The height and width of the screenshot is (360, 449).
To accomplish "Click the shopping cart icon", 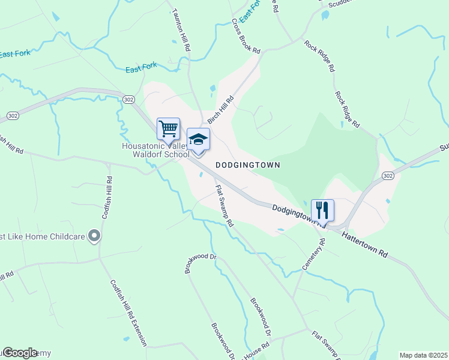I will [x=168, y=128].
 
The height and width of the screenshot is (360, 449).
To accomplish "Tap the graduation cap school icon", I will [x=198, y=140].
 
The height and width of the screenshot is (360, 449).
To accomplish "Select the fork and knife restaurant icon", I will [x=322, y=210].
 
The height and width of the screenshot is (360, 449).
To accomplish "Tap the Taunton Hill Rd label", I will [x=182, y=29].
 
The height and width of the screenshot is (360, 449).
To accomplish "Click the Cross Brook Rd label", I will [x=247, y=35].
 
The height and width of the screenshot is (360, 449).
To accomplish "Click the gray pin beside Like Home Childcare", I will [x=94, y=236].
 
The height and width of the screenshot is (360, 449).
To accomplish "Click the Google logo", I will [x=19, y=352].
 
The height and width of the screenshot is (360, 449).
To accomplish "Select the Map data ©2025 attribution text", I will [x=423, y=355].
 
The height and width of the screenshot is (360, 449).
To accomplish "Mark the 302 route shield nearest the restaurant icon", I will [x=388, y=175].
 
